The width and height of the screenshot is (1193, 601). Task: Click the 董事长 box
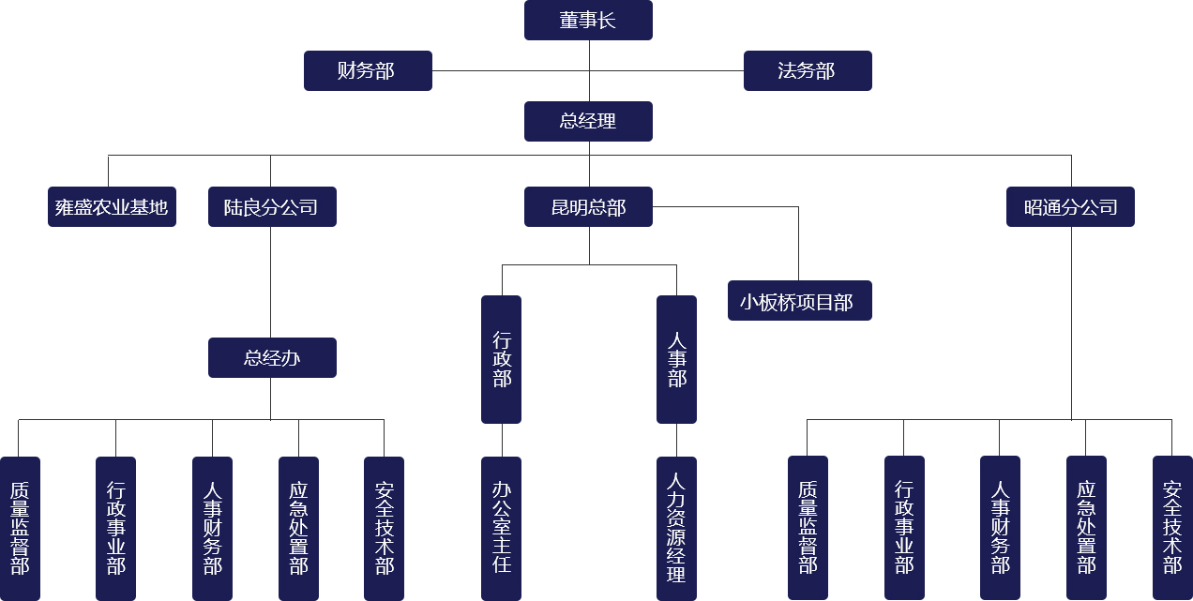(x=588, y=21)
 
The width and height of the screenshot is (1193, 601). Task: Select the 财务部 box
(x=368, y=71)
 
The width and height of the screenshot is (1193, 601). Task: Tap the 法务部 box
(x=808, y=71)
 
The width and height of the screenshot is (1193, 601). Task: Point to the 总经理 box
(x=588, y=122)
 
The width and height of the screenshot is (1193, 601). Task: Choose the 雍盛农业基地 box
(x=112, y=207)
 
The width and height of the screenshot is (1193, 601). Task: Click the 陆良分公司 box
(x=272, y=207)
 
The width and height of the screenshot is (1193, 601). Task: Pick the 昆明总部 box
(x=588, y=207)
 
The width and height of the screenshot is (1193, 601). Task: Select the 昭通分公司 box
(x=1070, y=207)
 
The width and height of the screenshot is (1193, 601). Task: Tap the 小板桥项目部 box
(x=799, y=301)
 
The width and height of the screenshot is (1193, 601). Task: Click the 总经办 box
(x=272, y=358)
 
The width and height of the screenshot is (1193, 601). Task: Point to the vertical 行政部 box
(x=501, y=359)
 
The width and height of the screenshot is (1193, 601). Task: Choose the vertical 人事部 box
(x=676, y=359)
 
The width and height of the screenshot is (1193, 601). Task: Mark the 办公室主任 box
(x=501, y=528)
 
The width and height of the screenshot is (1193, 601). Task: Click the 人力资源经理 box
(x=676, y=528)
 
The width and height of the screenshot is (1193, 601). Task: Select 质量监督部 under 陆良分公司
(x=20, y=528)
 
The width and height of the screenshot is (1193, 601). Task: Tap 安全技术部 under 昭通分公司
(x=1172, y=528)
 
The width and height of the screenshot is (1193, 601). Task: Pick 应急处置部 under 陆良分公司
(x=298, y=528)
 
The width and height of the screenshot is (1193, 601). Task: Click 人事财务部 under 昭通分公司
(x=1000, y=528)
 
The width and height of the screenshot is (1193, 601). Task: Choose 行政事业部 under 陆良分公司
(x=115, y=528)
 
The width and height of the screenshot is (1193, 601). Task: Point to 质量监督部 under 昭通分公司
(x=808, y=528)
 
